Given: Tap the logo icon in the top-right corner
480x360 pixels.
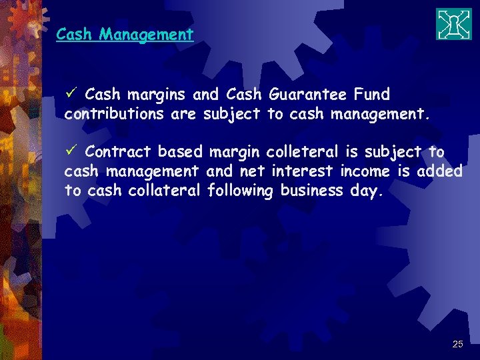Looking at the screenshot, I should click(454, 25).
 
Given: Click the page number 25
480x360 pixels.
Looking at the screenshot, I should click(457, 344).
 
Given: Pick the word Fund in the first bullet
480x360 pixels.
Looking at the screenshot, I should click(372, 95).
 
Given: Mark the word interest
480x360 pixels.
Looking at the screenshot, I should click(303, 171).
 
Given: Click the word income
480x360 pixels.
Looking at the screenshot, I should click(365, 171).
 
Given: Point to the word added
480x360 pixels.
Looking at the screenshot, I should click(439, 171).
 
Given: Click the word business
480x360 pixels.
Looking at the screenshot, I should click(312, 191).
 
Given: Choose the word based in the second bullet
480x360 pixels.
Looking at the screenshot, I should click(179, 152).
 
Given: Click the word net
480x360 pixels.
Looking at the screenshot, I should click(253, 171).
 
